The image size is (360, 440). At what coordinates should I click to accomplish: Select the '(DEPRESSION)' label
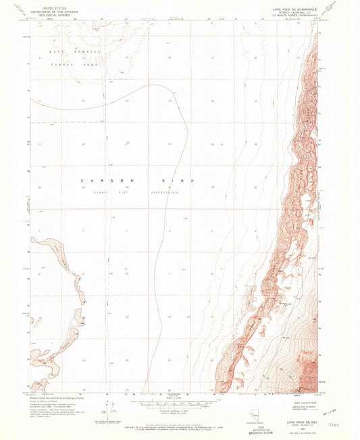165,192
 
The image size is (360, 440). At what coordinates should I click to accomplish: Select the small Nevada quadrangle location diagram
253,410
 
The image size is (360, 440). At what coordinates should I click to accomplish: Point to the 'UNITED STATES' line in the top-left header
55,5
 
